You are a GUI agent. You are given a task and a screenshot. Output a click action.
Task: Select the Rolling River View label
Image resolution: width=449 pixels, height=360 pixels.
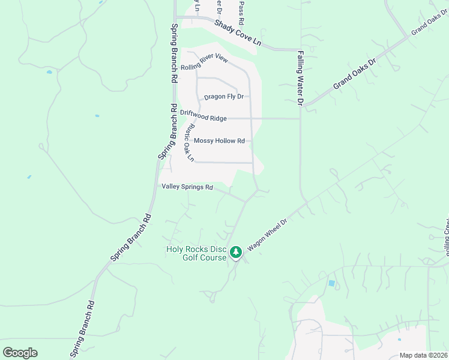tap(205, 62)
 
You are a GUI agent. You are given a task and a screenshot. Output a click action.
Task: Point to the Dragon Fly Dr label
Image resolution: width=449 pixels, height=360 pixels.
tap(223, 97)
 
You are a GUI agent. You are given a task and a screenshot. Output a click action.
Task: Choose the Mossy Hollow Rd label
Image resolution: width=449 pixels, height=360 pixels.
tap(220, 141)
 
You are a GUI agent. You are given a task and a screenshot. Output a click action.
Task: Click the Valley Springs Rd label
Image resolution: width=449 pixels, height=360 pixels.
tap(187, 187)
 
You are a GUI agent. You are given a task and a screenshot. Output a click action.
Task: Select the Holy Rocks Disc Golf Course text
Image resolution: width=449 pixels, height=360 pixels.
tap(196, 253)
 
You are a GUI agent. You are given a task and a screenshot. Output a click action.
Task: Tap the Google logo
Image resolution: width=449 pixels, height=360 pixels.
tap(20, 353)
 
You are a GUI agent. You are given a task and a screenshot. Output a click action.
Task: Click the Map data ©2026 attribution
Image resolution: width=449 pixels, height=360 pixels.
tap(423, 355)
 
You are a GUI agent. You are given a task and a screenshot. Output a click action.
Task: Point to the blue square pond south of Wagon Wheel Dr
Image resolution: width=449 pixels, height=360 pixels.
tap(331, 283)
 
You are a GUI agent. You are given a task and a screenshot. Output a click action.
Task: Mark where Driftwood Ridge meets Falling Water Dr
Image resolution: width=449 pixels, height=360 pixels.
tap(300, 119)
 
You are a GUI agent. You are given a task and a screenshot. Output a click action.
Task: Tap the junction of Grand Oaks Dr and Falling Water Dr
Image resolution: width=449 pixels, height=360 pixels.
tap(304, 106)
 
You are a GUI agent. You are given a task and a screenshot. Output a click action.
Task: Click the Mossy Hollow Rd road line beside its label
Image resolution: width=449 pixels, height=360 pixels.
tap(249, 141)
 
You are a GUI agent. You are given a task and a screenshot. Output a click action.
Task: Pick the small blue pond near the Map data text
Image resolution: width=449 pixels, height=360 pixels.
tap(400, 340)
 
